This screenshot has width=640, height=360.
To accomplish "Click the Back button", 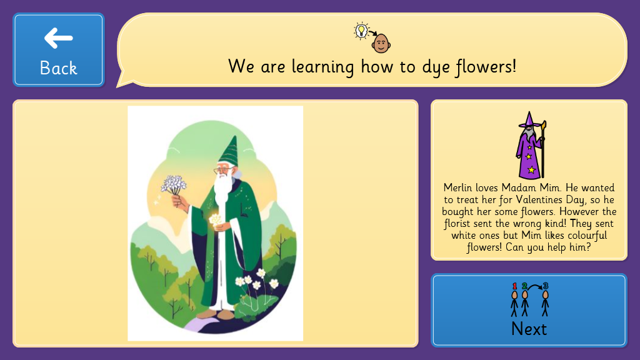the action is click(59, 50).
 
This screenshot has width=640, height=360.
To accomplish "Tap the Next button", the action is click(529, 310).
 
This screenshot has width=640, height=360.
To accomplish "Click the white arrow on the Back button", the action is click(58, 38).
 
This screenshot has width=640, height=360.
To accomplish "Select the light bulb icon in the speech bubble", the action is click(361, 31).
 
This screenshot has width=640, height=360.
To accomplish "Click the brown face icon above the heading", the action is click(381, 43).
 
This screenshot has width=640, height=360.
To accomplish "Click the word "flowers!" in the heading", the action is click(486, 67).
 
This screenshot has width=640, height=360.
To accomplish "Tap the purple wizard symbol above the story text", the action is click(530, 145).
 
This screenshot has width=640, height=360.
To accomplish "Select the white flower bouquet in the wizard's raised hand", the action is click(174, 185).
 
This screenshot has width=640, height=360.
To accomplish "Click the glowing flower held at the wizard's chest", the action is click(215, 219).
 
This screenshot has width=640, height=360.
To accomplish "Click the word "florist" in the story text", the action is click(457, 224).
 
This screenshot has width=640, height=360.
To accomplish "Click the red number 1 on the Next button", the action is click(515, 286).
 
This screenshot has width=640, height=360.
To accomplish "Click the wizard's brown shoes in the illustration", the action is click(216, 314).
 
